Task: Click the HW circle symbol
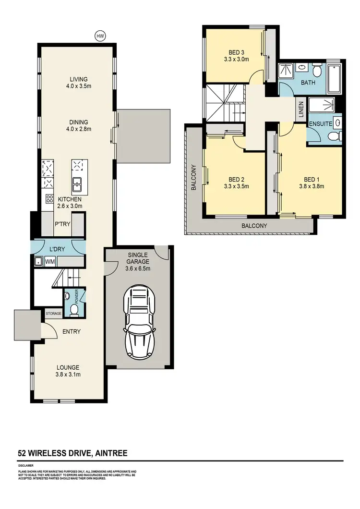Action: coord(100,36)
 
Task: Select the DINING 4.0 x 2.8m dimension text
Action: coord(78,129)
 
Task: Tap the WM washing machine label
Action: coord(49,262)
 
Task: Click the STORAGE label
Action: coord(54,314)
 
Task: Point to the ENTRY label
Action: coord(71,332)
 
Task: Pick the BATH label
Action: coord(308,83)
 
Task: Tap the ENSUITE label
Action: coord(320,124)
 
